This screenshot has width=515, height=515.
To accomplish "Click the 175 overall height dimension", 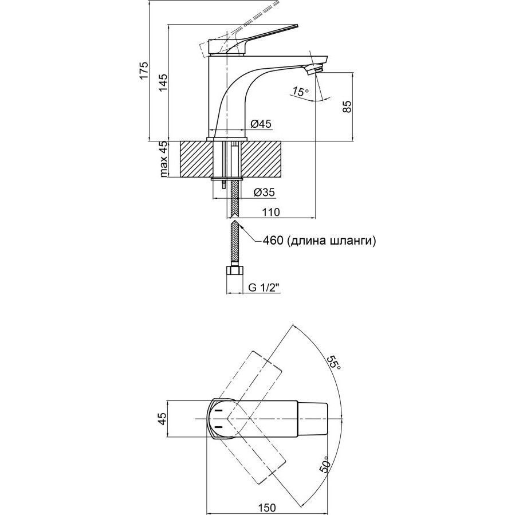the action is [144, 70].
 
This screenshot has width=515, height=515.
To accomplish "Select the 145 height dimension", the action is [163, 82].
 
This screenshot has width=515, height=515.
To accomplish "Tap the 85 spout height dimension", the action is [347, 106].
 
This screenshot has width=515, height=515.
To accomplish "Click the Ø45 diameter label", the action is [261, 124].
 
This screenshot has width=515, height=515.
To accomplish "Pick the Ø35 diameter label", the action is [264, 192].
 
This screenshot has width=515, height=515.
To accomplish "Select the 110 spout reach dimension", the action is [271, 212].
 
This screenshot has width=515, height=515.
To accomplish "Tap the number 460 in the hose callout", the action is [273, 241].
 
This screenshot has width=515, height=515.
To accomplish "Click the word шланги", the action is [351, 241].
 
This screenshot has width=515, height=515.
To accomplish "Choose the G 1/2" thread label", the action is [264, 288].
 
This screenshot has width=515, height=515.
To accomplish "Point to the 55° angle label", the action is [334, 363].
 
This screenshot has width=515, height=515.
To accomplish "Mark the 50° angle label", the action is [324, 464].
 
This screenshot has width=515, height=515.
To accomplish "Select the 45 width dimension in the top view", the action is [163, 419].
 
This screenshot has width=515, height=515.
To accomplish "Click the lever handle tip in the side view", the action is [296, 26].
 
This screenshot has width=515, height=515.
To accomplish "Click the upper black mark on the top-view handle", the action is [218, 411].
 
